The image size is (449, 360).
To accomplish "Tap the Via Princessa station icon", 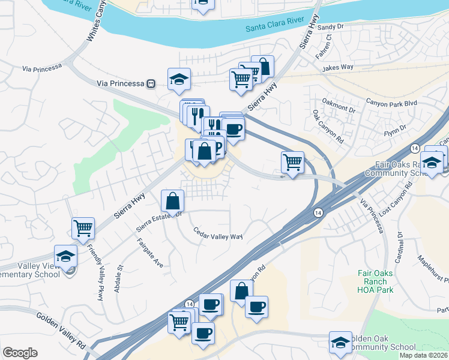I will click(x=152, y=83).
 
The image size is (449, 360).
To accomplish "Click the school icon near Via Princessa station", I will click(x=179, y=80).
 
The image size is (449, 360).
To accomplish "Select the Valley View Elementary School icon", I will click(x=65, y=256).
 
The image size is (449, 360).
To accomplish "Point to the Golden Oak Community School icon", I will click(x=340, y=343).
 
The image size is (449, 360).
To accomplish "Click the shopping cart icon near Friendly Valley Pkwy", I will click(x=83, y=229).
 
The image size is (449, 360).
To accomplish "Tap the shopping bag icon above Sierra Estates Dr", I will click(x=172, y=201).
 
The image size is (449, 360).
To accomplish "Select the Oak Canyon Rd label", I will click(x=327, y=126).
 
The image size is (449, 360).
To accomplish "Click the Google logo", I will click(x=20, y=353).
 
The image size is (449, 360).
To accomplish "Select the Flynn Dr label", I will click(x=395, y=129).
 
